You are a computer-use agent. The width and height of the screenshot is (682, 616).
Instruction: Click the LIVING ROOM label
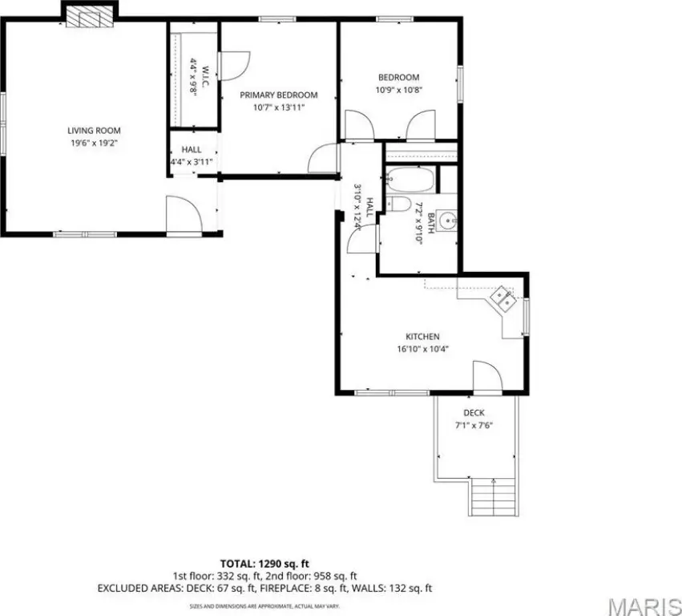pos(94,131)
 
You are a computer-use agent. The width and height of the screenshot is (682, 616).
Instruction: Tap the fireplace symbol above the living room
pos(90,18)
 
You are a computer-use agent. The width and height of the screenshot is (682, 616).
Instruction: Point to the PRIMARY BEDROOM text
pos(279,95)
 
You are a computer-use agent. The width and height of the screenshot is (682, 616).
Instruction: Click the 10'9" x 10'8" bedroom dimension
pos(399,90)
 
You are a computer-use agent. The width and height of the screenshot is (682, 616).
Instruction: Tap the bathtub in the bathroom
pos(410,180)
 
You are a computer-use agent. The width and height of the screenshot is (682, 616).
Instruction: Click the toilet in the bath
pos(398,204)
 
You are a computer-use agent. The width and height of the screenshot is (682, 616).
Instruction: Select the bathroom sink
pos(446,221)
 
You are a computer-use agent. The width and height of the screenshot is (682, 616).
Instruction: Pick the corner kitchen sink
pos(502,299)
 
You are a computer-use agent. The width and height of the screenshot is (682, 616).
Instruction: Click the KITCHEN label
pos(422,337)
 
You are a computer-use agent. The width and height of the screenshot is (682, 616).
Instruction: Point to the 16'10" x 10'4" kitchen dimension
pos(422,349)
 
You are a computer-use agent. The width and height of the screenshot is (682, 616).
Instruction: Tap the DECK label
pos(474,413)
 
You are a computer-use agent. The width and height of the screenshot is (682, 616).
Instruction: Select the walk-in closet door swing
pos(236,66)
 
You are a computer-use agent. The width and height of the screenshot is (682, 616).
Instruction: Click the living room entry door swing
pos(184,215)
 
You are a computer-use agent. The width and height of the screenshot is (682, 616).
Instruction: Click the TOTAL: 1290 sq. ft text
pos(264,564)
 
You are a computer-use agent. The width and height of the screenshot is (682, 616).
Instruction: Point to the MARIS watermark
pos(644,606)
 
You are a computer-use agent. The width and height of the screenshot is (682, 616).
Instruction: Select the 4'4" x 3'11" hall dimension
pos(192,162)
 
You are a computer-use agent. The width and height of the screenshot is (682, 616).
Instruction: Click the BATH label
pos(431,223)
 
